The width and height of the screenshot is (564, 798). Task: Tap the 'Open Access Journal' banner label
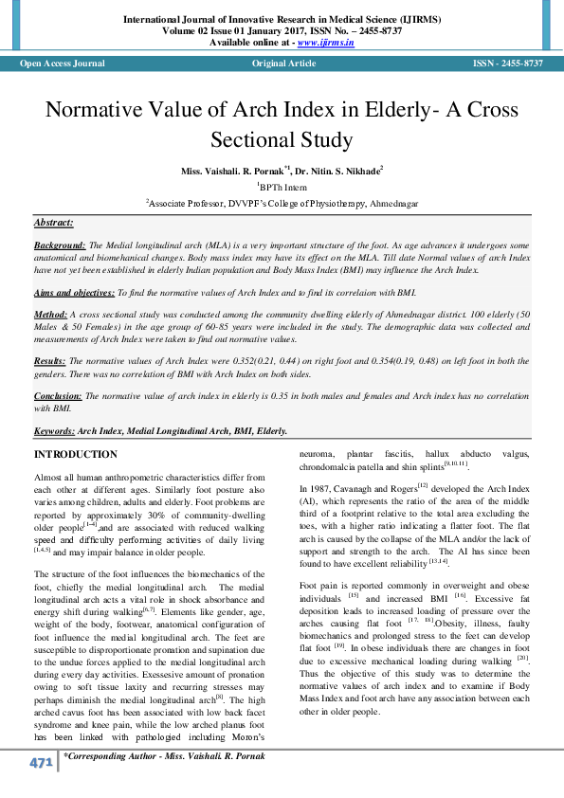coord(63,63)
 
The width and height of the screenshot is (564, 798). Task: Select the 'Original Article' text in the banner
coord(283,63)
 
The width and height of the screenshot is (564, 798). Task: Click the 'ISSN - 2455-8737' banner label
coord(507,63)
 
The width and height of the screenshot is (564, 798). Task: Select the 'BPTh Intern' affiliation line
coord(282,187)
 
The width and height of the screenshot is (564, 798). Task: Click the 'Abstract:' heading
coord(53,222)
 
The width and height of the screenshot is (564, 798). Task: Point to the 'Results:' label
coord(50,361)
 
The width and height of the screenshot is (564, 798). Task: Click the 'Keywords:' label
coord(55,430)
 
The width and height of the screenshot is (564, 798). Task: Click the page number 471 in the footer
coord(41,763)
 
